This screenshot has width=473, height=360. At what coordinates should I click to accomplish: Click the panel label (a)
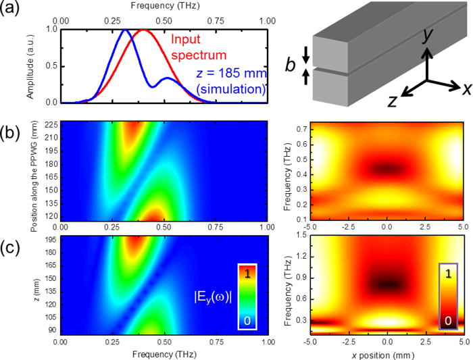(x=14, y=12)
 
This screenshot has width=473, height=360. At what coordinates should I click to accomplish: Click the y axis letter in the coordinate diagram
(x=426, y=36)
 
